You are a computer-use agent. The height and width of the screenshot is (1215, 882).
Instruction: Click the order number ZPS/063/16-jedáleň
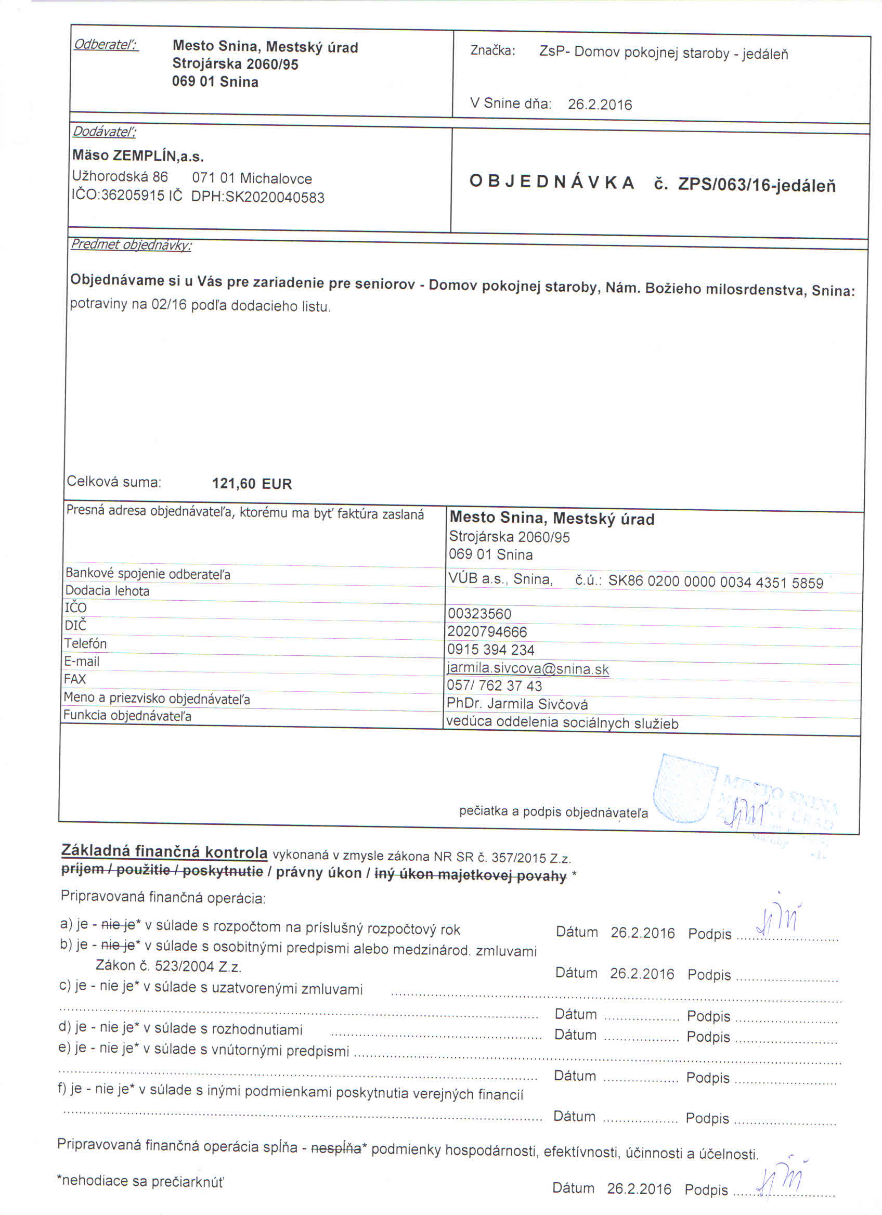tap(756, 185)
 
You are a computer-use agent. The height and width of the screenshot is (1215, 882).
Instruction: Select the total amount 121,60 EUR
tap(252, 484)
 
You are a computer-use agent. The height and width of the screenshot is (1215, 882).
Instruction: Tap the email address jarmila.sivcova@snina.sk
tap(527, 668)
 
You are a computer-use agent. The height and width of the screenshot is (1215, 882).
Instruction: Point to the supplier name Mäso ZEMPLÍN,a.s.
tap(138, 157)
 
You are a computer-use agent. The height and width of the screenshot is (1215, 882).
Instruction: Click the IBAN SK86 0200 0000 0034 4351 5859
tap(716, 583)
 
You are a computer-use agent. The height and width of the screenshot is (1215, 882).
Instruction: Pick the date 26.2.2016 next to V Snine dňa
tap(600, 105)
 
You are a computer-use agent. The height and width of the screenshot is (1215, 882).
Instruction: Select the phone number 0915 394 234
tap(490, 650)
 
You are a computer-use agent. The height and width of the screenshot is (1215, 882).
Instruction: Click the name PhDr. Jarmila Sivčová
tap(517, 704)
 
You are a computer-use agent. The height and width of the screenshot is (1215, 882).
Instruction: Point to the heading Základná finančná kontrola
tap(164, 851)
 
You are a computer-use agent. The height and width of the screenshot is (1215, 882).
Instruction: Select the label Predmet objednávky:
tap(131, 245)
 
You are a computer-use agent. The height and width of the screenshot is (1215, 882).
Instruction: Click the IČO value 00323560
tap(480, 614)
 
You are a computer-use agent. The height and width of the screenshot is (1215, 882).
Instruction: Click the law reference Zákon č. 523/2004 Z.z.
tap(168, 966)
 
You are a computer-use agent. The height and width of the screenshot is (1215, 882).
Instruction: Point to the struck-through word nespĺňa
tap(336, 1149)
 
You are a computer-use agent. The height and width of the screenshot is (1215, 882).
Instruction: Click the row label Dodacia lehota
tap(107, 591)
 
